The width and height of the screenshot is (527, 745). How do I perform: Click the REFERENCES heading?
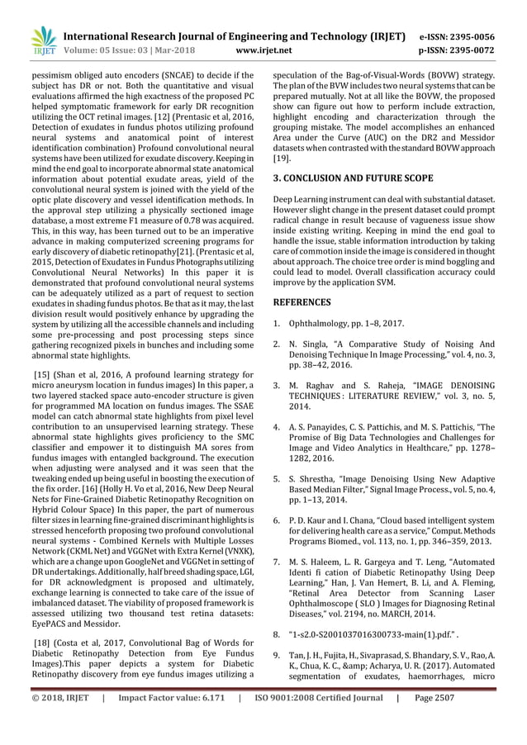(x=305, y=302)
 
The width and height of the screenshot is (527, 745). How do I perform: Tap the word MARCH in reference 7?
(x=401, y=613)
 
